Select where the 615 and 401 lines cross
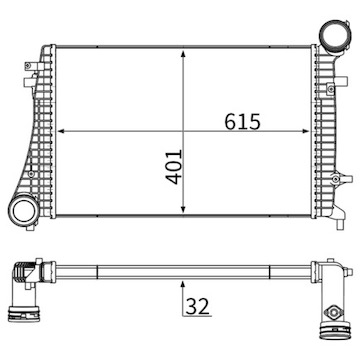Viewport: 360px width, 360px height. tap(183, 131)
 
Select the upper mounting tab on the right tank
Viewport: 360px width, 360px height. tap(337, 79)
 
